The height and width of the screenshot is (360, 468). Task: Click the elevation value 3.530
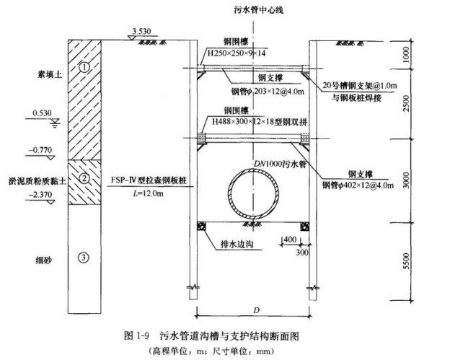click(x=141, y=31)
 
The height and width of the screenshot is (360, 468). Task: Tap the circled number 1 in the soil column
click(x=84, y=68)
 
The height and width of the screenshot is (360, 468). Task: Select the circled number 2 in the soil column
click(x=84, y=178)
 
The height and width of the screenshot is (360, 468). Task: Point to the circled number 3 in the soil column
click(x=84, y=258)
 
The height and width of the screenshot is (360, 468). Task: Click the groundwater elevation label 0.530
click(x=42, y=113)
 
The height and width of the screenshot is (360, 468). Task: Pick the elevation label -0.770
click(x=40, y=150)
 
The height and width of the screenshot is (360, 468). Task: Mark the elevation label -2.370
click(x=40, y=195)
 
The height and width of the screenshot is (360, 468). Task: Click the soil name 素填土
click(x=50, y=74)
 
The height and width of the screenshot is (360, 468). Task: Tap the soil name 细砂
click(x=44, y=260)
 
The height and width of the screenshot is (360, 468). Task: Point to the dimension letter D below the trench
click(x=257, y=310)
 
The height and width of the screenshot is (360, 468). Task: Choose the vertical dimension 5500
click(x=406, y=261)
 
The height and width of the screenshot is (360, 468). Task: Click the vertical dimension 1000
click(x=406, y=55)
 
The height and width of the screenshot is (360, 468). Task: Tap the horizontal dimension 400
click(x=290, y=240)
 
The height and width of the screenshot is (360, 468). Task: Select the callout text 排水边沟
click(x=237, y=244)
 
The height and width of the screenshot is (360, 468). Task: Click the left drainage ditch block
click(x=201, y=227)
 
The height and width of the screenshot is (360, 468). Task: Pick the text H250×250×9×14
click(x=237, y=53)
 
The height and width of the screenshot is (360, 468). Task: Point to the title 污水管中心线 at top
click(x=258, y=10)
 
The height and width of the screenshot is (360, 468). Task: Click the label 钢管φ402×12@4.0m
click(x=358, y=185)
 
